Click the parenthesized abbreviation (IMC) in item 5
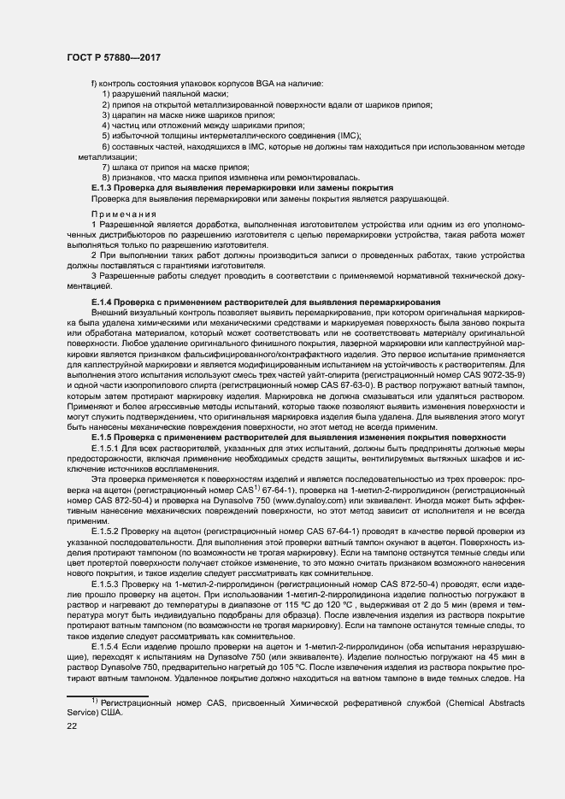[x=348, y=136]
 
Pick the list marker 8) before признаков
[x=107, y=177]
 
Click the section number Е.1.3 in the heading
[x=103, y=187]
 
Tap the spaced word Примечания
[x=120, y=214]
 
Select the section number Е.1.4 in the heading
[x=103, y=303]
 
